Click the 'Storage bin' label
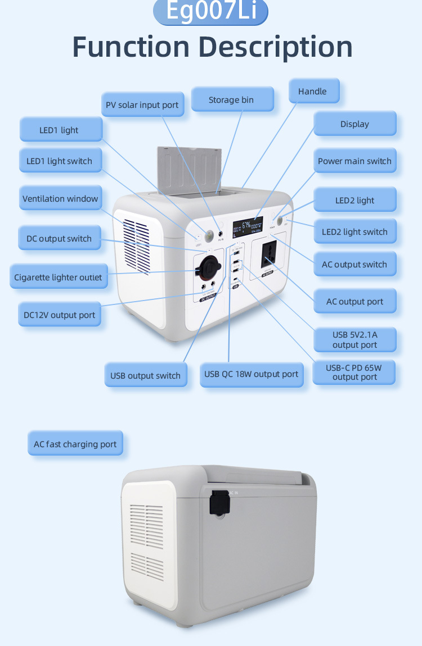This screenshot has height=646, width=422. [x=231, y=100]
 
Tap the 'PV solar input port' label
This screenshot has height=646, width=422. [x=142, y=105]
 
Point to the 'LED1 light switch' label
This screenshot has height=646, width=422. [x=60, y=161]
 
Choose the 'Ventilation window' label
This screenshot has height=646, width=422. [x=60, y=199]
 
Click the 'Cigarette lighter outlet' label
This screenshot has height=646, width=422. [x=59, y=277]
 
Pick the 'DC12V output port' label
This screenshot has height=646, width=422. [x=60, y=315]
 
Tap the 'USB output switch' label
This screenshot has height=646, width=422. [x=145, y=376]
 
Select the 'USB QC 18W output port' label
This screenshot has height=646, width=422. [x=252, y=374]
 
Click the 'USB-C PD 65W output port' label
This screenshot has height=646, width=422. [x=354, y=372]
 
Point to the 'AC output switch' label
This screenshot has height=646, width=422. [x=354, y=265]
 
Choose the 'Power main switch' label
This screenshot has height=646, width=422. [x=354, y=161]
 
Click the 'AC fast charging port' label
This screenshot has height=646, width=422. [x=75, y=444]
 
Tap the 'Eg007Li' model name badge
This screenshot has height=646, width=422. [x=210, y=12]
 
